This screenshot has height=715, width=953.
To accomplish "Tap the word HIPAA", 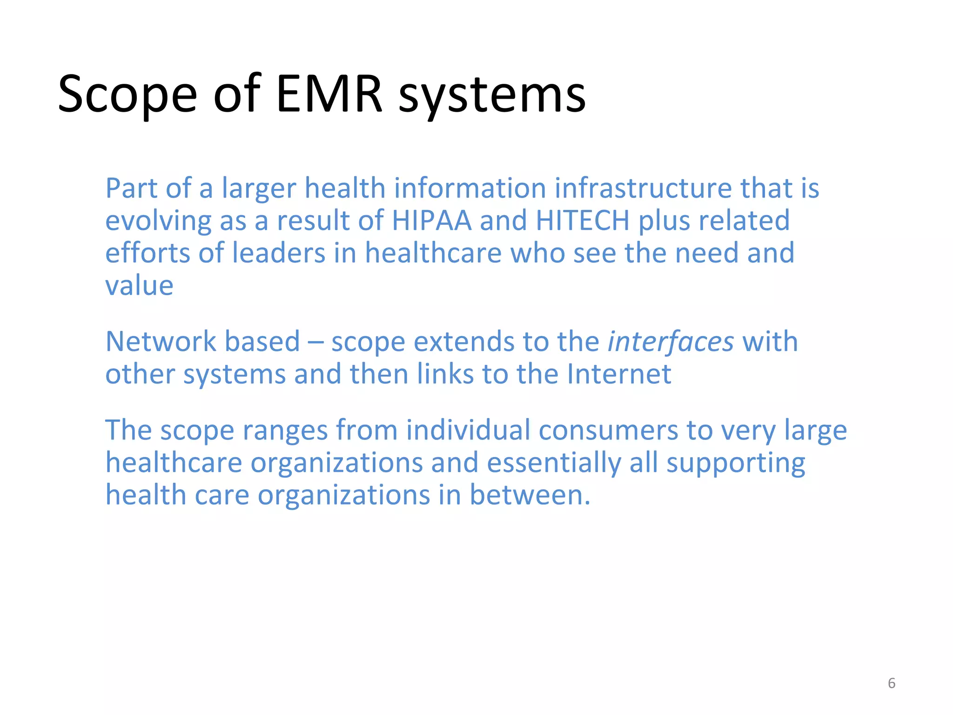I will [432, 220].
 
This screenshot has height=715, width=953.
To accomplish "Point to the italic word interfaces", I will [671, 341].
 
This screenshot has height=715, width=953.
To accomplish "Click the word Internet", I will [619, 374].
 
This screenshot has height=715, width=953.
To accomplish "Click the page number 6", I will [892, 683].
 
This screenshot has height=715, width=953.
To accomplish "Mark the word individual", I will [468, 430].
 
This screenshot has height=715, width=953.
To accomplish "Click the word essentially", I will [554, 462].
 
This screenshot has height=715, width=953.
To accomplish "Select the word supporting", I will [736, 462].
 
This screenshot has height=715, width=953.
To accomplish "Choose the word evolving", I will [158, 221].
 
